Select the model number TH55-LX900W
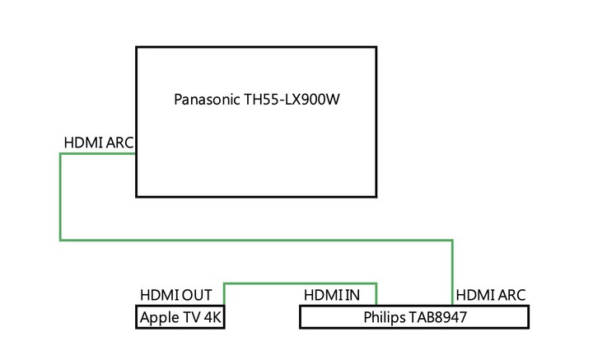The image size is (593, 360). click(x=292, y=100)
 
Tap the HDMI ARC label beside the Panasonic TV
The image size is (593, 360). click(x=99, y=143)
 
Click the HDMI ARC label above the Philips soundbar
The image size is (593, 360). click(x=491, y=295)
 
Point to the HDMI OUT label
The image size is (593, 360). click(x=176, y=295)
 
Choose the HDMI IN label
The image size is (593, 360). click(x=332, y=295)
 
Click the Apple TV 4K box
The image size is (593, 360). click(x=180, y=317)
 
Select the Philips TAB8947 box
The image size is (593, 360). click(x=414, y=317)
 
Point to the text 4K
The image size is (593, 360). click(x=212, y=317)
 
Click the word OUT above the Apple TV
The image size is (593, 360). click(x=197, y=295)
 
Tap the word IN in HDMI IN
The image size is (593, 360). click(x=353, y=295)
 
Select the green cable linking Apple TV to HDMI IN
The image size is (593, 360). click(x=301, y=283)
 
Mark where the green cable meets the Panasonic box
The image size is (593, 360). click(x=136, y=153)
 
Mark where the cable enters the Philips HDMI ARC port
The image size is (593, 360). click(x=452, y=305)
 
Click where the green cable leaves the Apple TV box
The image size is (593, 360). click(x=224, y=305)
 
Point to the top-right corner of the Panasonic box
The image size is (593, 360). click(x=376, y=47)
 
